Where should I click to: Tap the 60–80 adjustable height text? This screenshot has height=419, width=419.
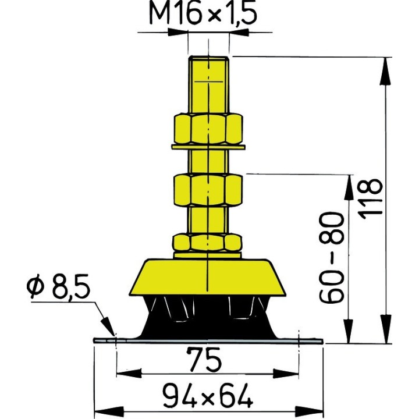(333, 258)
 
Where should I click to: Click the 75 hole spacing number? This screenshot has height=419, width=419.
(208, 360)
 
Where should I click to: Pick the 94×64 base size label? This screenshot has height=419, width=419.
(207, 397)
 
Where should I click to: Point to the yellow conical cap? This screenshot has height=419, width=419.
(208, 276)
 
